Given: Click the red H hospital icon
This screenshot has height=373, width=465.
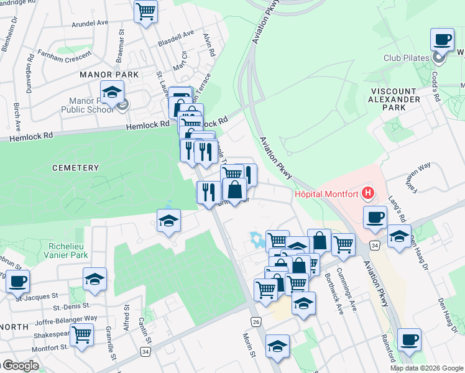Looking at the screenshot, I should [x=369, y=193].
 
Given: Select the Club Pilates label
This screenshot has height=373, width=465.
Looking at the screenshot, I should [x=407, y=58].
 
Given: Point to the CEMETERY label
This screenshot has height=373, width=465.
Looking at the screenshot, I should [x=76, y=168].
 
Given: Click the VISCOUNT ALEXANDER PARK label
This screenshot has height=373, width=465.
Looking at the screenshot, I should [x=395, y=99].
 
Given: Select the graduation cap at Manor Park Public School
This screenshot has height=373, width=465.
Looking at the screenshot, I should [x=112, y=93].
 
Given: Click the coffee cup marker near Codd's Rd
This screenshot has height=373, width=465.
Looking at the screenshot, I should [x=442, y=40].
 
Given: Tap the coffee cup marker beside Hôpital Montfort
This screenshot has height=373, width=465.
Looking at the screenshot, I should [x=375, y=218].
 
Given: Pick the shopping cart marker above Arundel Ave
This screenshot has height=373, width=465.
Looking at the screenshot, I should [x=145, y=11].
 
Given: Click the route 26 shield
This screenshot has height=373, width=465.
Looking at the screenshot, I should [x=256, y=321].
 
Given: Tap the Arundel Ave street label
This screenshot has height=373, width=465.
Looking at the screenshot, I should [x=90, y=23].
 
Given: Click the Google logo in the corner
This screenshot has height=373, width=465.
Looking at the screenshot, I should [x=20, y=366].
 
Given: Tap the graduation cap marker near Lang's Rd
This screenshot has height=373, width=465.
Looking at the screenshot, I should [x=399, y=236].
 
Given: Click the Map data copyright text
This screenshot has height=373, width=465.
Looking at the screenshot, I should [x=427, y=368].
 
